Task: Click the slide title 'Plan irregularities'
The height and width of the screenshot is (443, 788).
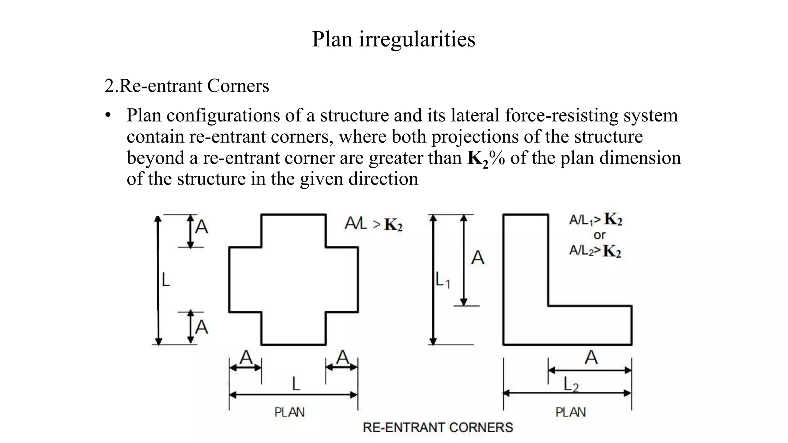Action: point(393,39)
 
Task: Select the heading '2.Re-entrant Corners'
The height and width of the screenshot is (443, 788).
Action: point(187,86)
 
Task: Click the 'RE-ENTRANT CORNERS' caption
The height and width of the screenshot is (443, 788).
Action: point(437,427)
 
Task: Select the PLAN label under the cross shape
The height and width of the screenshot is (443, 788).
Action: point(289,412)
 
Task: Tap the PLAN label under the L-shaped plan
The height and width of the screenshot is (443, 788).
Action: point(570,412)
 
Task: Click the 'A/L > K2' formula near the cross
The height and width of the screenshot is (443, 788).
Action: point(373,224)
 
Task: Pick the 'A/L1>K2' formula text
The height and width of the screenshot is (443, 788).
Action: point(595,220)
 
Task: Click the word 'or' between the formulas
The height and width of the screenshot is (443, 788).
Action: point(599,235)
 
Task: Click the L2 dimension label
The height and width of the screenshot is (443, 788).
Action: point(571,384)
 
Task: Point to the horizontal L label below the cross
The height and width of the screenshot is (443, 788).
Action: point(295,384)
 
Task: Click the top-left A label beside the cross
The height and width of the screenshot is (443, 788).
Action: point(202,227)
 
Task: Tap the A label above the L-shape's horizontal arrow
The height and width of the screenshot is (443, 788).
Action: point(591,358)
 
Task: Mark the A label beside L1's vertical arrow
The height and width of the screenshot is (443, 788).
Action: point(477,258)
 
